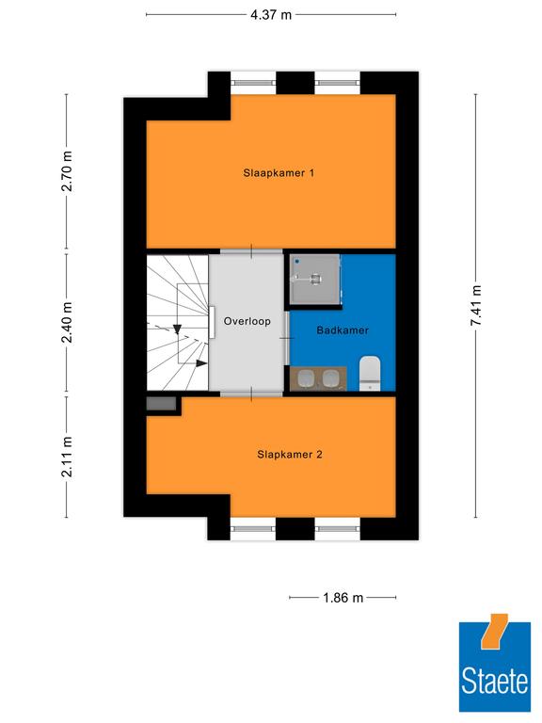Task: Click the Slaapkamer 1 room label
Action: [279, 173]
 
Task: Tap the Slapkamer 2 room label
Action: [290, 455]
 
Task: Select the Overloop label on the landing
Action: [247, 321]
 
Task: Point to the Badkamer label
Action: [343, 330]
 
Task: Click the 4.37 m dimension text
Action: [271, 15]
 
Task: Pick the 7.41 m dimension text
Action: [475, 305]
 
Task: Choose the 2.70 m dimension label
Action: [68, 170]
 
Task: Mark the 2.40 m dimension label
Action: [68, 322]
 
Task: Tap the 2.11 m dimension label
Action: [68, 457]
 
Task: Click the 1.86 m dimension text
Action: [343, 598]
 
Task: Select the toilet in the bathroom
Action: [370, 373]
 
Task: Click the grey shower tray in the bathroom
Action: [315, 279]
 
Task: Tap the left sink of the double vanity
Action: [306, 379]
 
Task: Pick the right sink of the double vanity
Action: [330, 379]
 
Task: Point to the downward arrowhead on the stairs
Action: [177, 329]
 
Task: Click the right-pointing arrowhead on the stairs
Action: [201, 363]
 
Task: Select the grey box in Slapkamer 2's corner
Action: [161, 404]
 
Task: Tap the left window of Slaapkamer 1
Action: [253, 83]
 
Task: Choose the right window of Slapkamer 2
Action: [338, 528]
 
